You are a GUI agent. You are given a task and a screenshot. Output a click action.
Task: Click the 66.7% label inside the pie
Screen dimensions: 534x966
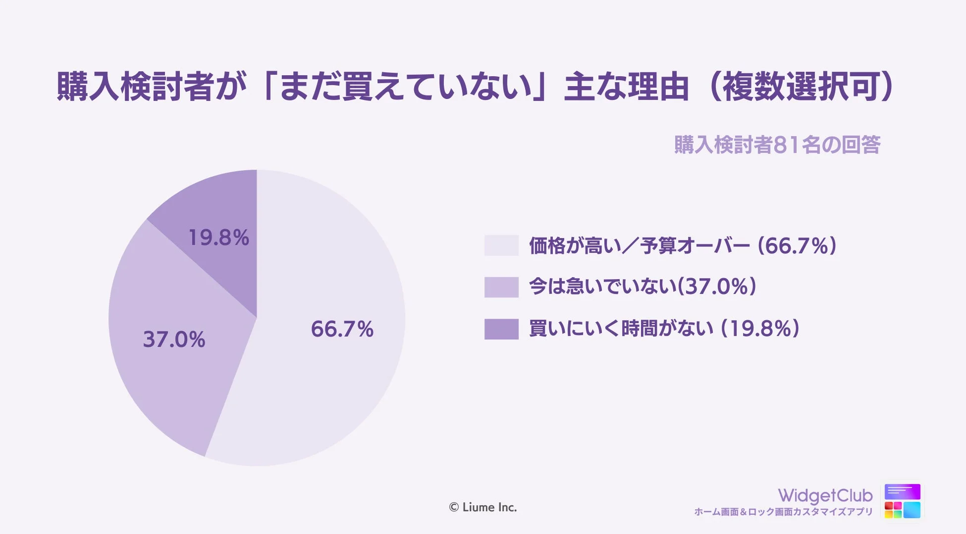pyautogui.click(x=342, y=329)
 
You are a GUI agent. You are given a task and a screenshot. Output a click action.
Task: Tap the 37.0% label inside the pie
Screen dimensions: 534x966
pyautogui.click(x=174, y=340)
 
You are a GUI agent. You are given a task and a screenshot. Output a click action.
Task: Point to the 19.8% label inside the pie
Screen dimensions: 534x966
pyautogui.click(x=218, y=238)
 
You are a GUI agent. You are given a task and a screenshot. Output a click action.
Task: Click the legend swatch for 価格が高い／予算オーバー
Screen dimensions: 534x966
pyautogui.click(x=501, y=245)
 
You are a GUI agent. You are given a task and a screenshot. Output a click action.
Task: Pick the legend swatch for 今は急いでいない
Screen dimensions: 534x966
pyautogui.click(x=501, y=287)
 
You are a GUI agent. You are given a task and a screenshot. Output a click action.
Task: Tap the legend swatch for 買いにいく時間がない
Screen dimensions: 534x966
pyautogui.click(x=501, y=329)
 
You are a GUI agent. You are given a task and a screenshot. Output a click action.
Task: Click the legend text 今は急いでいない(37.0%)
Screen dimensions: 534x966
pyautogui.click(x=643, y=287)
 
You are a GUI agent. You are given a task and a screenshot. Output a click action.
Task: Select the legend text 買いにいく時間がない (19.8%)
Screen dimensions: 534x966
pyautogui.click(x=664, y=329)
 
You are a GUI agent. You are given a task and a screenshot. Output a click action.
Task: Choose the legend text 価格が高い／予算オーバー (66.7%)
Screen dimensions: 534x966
pyautogui.click(x=683, y=245)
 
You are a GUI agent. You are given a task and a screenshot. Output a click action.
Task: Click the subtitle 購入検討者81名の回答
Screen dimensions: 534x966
pyautogui.click(x=777, y=145)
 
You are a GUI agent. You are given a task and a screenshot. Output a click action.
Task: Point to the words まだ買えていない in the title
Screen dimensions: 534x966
pyautogui.click(x=404, y=87)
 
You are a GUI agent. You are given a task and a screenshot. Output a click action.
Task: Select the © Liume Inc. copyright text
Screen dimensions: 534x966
pyautogui.click(x=483, y=507)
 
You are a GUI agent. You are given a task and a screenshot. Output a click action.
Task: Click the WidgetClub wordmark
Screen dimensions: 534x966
pyautogui.click(x=825, y=495)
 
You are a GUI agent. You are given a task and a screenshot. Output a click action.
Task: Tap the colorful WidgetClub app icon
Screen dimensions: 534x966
pyautogui.click(x=902, y=501)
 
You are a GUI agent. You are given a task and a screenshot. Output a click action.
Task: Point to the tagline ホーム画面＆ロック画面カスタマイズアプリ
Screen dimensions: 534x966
pyautogui.click(x=783, y=512)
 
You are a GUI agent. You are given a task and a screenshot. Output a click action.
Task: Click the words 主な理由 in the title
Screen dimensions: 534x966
pyautogui.click(x=626, y=87)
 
